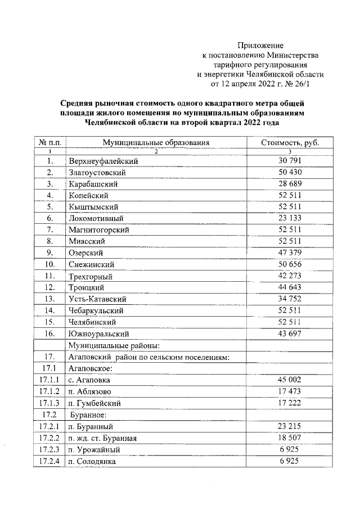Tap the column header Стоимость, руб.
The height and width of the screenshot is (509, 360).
tap(290, 143)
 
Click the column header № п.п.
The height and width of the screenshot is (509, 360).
tap(49, 143)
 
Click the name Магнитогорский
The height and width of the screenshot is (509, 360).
tap(99, 230)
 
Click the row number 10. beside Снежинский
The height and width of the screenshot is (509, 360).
tap(49, 264)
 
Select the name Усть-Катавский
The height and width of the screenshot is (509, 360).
tap(97, 299)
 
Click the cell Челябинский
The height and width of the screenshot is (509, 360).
tap(92, 322)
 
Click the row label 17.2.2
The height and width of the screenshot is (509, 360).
tap(49, 438)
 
